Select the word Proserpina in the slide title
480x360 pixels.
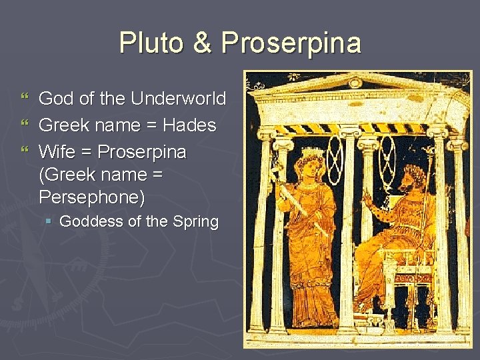point(291,44)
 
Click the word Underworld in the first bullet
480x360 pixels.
point(178,99)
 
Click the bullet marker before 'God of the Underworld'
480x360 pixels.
point(26,99)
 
